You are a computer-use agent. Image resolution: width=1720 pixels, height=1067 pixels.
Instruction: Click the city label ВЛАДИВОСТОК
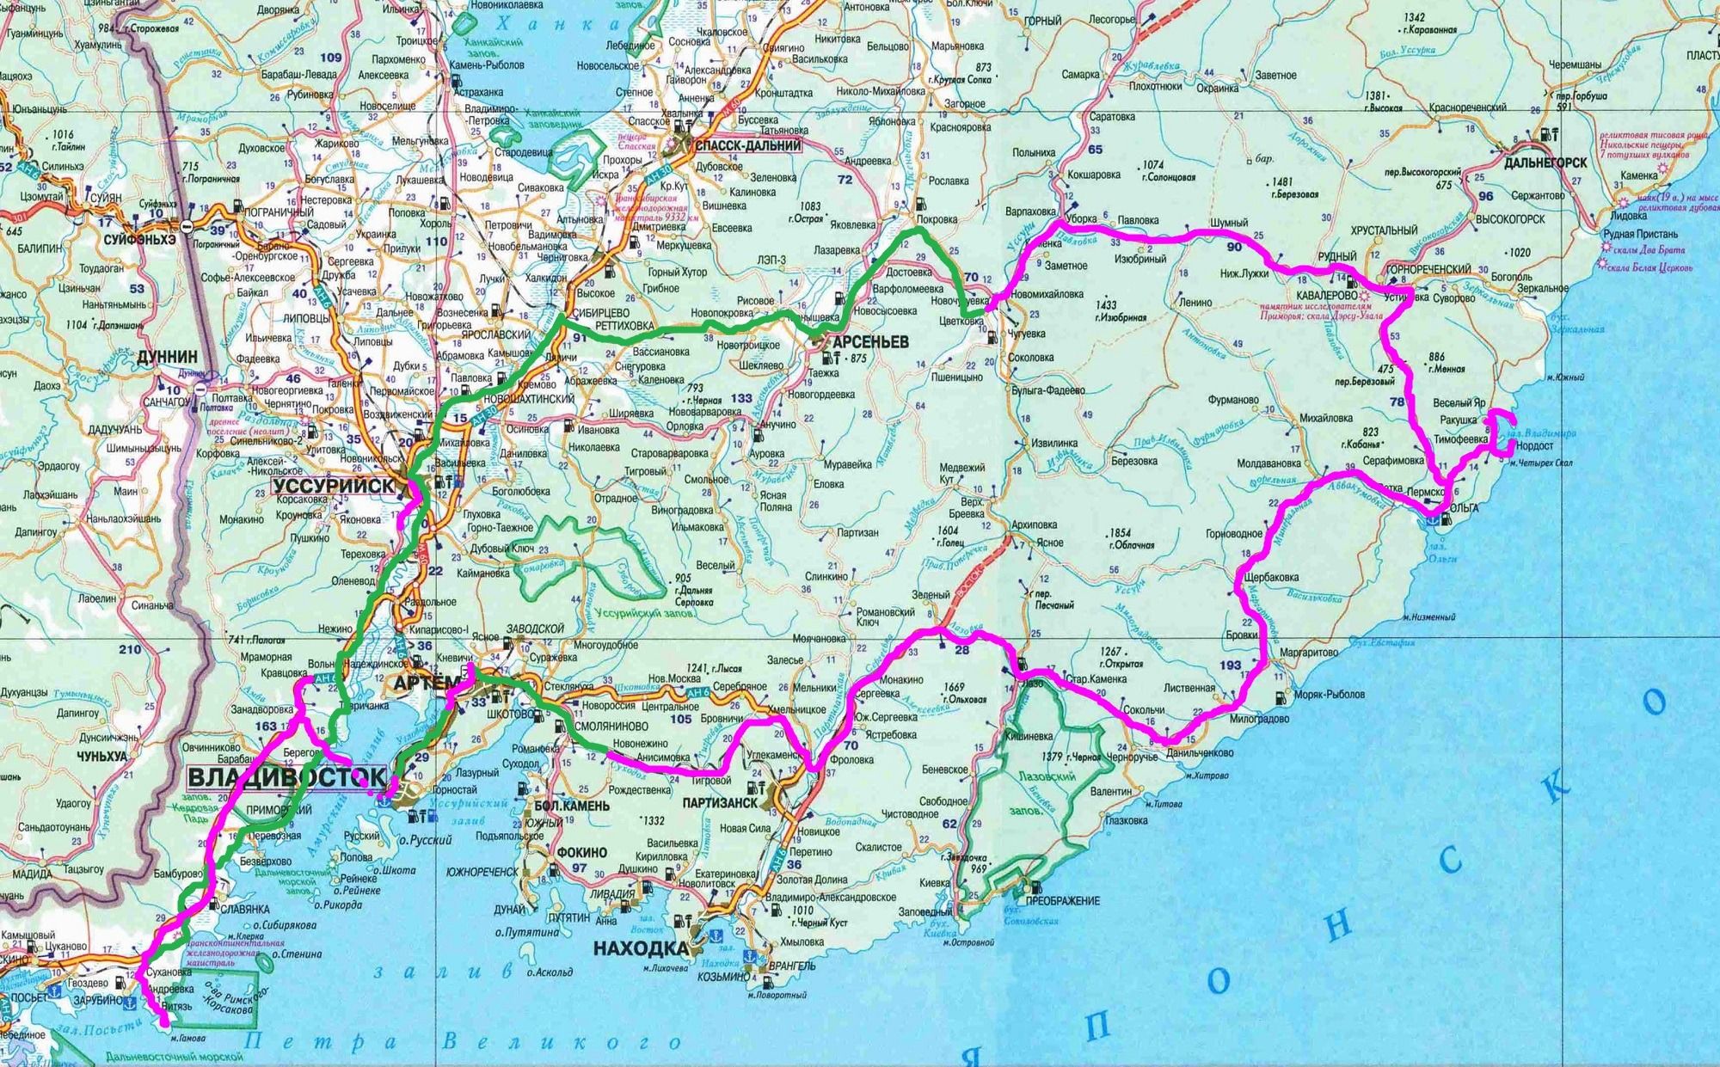pos(286,778)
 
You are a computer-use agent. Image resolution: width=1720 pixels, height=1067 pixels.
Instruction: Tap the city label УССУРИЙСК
pos(334,487)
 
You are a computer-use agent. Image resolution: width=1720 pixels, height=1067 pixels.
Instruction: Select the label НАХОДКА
pos(641,949)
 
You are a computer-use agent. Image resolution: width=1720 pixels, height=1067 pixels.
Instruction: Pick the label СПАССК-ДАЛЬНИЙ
pos(749,146)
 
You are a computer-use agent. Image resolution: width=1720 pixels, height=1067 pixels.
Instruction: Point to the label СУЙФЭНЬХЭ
pos(139,241)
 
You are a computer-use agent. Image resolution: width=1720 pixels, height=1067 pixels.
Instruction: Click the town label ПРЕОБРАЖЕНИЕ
pos(1062,901)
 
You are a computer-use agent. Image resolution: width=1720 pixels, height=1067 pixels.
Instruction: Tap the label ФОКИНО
pos(581,852)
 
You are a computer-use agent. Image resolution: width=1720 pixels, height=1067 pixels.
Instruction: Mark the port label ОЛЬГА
pos(1464,508)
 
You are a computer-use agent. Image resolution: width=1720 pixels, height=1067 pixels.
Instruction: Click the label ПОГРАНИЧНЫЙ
pos(280,212)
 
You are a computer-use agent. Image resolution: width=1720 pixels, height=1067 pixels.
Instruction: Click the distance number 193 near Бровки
pos(1230,665)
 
